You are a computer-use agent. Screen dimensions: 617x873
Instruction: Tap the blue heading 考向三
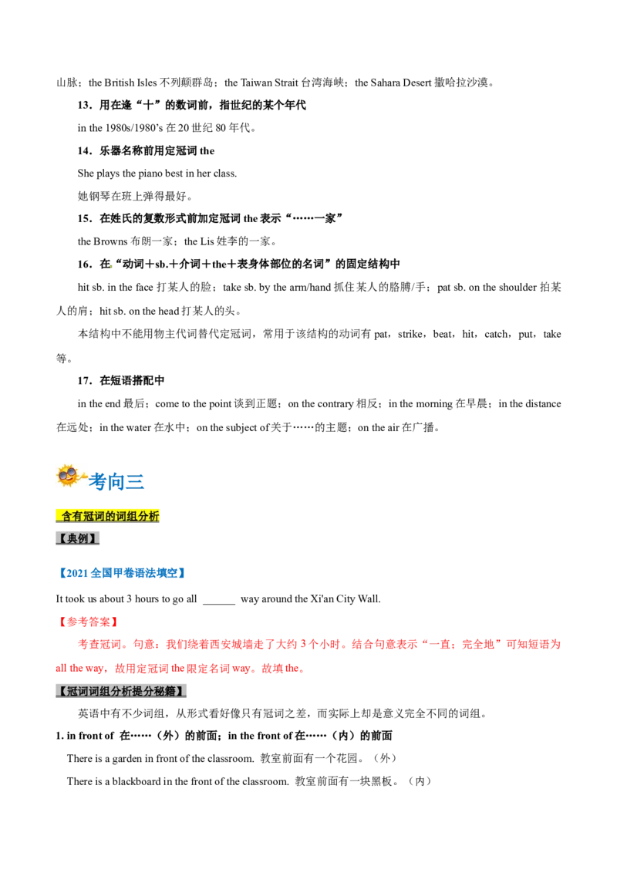(116, 481)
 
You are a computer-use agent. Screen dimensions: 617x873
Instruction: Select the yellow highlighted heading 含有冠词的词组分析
(107, 516)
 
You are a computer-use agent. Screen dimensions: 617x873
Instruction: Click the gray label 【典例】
(77, 538)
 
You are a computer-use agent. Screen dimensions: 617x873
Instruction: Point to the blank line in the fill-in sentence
(219, 603)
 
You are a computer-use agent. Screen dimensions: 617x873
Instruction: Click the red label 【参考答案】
(89, 622)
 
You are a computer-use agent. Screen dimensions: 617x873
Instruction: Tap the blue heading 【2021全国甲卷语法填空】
(122, 573)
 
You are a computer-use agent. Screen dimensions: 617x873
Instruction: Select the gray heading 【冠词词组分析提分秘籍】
(121, 691)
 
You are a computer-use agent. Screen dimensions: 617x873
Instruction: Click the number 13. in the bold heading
(85, 105)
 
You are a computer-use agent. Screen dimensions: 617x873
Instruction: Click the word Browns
(110, 241)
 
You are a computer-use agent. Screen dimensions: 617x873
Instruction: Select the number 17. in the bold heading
(85, 381)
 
